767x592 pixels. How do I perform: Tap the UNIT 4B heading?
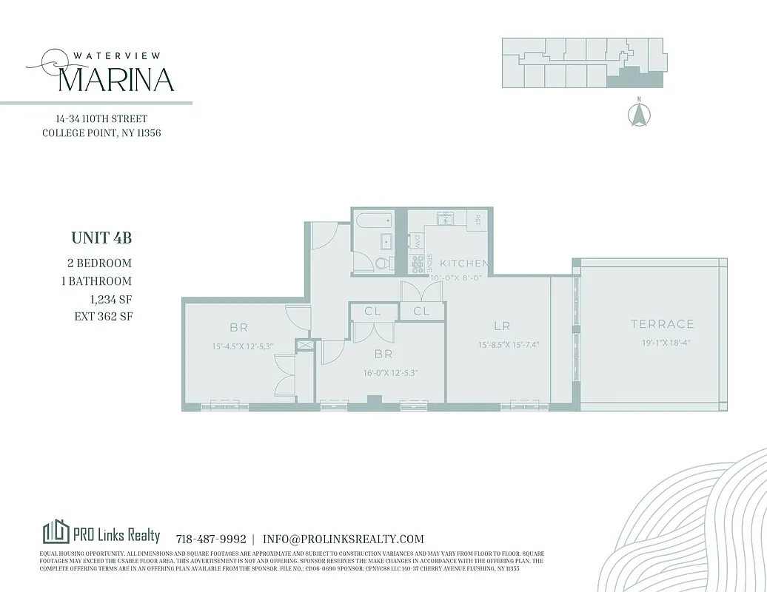[101, 238]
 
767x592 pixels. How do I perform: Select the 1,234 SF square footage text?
[110, 299]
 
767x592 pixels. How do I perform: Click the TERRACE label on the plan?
[662, 324]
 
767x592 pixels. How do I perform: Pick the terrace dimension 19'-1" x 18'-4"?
[662, 343]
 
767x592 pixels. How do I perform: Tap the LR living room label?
[502, 326]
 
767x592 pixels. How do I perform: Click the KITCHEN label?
[463, 263]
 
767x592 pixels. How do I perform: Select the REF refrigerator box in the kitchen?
[478, 220]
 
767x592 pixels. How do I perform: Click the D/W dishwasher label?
[417, 241]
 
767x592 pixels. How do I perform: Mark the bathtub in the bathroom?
[378, 221]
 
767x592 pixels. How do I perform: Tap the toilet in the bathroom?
[381, 263]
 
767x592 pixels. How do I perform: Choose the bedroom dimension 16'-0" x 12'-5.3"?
[391, 373]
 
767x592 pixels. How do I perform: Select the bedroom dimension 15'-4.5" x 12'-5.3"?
[242, 346]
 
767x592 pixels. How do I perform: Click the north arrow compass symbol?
[637, 114]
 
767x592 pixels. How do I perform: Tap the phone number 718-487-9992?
[211, 539]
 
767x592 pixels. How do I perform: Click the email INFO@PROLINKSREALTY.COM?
[344, 539]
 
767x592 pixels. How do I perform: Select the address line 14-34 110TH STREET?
[101, 118]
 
